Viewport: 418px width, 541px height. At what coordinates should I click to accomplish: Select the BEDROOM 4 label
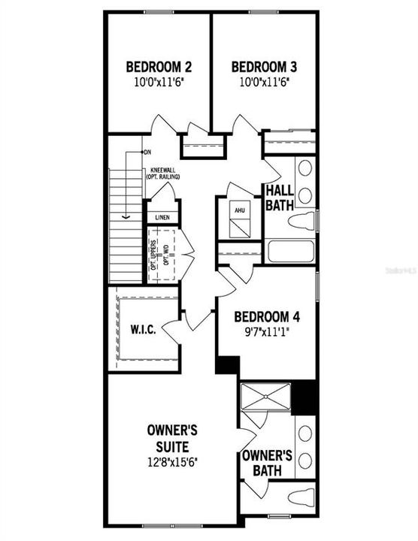click(265, 316)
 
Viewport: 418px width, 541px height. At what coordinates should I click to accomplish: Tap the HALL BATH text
click(278, 198)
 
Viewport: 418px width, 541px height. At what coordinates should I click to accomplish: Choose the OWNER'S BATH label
click(267, 462)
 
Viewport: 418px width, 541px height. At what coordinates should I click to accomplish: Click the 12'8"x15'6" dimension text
click(172, 463)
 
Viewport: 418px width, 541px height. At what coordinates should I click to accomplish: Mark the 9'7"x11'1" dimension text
click(265, 330)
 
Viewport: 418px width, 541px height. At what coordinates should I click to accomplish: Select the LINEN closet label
click(162, 218)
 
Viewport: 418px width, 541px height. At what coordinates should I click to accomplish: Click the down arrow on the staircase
click(126, 215)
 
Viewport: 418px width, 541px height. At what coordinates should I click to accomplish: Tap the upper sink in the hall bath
click(304, 169)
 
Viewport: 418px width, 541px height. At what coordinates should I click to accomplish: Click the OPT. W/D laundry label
click(165, 255)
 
